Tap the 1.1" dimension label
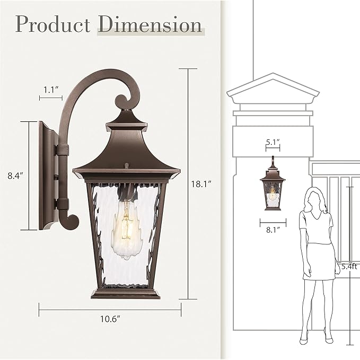coord(50,90)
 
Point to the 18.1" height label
coord(201,184)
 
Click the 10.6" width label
coord(110,319)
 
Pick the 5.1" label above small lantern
coord(273,143)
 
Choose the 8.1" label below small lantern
coord(273,230)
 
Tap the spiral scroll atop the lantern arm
coord(122,100)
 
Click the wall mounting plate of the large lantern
coord(45,175)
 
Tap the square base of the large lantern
coord(126,292)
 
